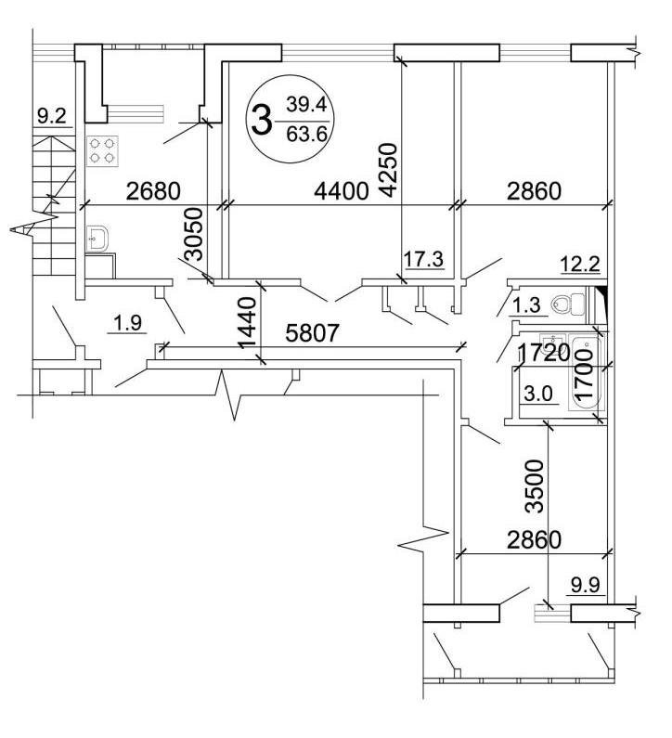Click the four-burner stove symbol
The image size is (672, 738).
point(103,150)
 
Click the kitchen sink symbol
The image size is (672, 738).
point(97,240)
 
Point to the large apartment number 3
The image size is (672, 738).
point(262,120)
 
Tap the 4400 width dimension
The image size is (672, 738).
point(342,191)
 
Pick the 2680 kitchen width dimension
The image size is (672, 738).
point(153,191)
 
